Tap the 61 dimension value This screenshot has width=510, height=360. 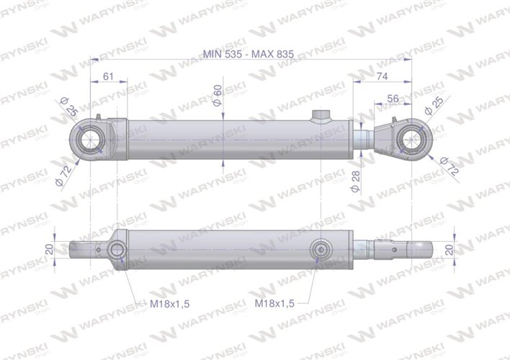pos(109,76)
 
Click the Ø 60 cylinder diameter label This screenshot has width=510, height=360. pos(218,94)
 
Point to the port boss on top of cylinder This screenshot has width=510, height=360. pos(318,117)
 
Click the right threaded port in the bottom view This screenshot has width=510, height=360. pos(320,251)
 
